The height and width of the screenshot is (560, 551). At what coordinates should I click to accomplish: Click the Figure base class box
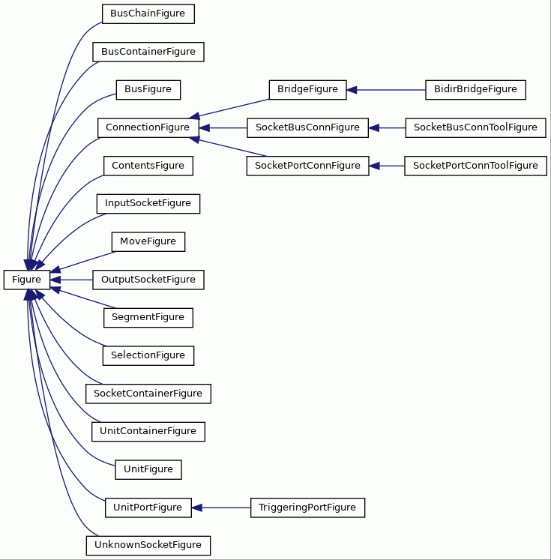(27, 280)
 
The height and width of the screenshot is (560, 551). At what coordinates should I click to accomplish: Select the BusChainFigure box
(148, 14)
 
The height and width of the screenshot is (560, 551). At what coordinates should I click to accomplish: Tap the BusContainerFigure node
(148, 52)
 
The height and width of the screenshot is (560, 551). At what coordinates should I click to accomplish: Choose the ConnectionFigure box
(148, 128)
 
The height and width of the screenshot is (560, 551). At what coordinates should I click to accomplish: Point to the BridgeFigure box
(307, 90)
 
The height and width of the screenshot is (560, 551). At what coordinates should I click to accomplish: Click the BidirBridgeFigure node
(475, 90)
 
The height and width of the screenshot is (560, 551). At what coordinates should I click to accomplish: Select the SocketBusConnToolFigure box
(475, 128)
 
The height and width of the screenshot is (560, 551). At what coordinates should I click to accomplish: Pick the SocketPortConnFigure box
(307, 166)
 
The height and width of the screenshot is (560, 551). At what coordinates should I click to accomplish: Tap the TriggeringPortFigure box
(307, 508)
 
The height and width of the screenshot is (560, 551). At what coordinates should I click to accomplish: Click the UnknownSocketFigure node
(148, 545)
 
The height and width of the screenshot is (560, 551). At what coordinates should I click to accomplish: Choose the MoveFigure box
(148, 242)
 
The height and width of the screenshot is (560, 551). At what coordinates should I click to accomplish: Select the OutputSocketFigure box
(148, 280)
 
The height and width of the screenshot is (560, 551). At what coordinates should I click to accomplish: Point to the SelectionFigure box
(148, 355)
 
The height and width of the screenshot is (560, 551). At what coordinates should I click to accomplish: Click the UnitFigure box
(148, 469)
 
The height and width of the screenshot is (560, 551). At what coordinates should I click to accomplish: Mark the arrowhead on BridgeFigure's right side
(352, 90)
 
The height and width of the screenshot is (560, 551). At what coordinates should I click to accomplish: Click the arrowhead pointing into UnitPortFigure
(196, 508)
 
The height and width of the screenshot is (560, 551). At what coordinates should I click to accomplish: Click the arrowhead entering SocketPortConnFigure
(374, 166)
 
